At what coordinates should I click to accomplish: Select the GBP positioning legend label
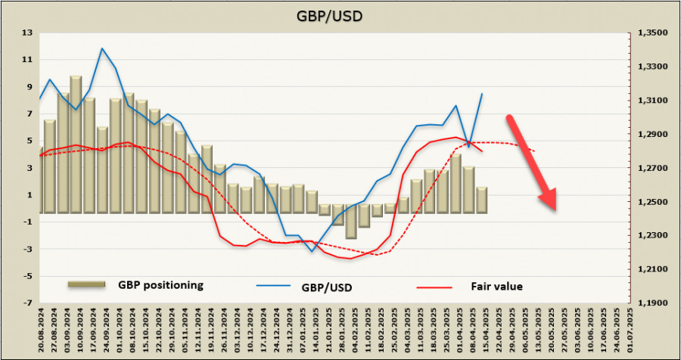(160, 285)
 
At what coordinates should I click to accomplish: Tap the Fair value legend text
(496, 286)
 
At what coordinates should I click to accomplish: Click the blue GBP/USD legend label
(326, 287)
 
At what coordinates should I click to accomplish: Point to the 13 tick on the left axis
(28, 33)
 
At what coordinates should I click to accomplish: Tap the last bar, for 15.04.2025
(482, 200)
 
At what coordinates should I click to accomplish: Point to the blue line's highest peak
(101, 48)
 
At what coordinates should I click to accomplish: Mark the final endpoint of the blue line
(482, 94)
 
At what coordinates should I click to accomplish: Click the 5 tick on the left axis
(28, 141)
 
